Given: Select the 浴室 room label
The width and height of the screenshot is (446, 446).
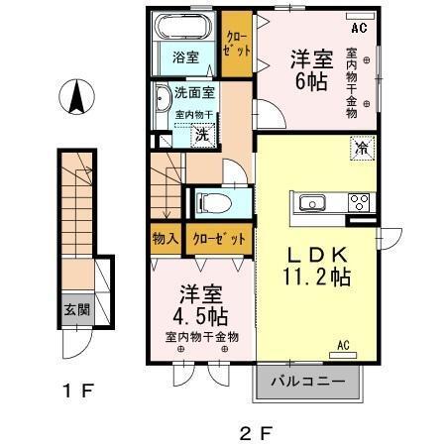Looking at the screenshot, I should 185,57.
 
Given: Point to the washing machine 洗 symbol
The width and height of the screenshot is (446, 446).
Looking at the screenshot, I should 200,134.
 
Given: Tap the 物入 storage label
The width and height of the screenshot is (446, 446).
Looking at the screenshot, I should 166,239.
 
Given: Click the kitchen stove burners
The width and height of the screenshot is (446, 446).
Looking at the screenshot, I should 358,203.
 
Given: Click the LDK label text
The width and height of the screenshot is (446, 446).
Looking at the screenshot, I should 317,256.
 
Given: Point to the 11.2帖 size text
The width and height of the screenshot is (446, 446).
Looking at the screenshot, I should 317,279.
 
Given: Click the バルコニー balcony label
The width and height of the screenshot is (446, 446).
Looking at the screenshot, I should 308,381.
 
